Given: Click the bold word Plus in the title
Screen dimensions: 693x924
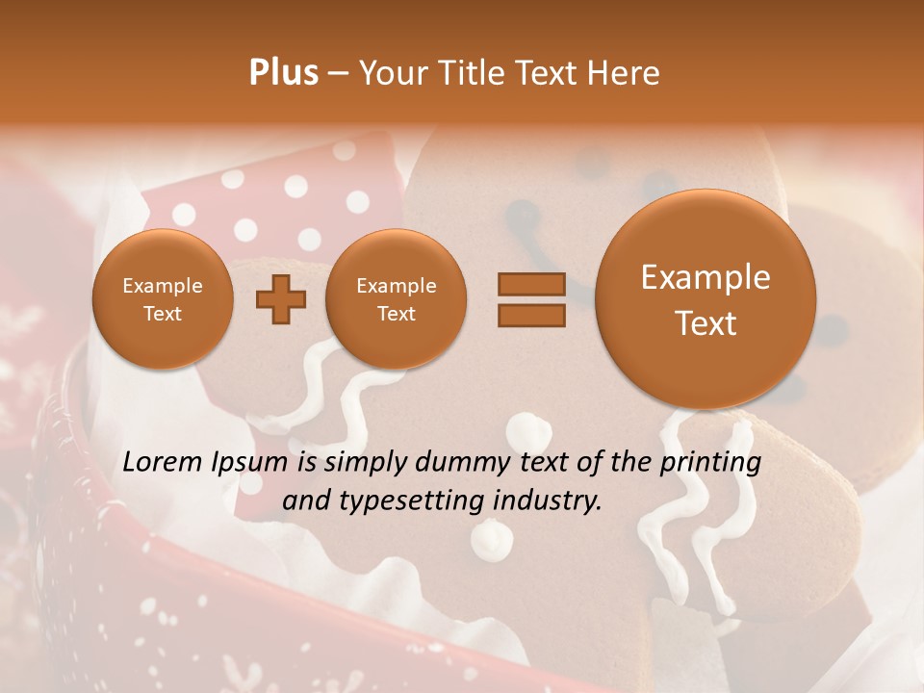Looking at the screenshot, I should click(283, 73).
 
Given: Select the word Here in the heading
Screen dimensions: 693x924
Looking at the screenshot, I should click(625, 73).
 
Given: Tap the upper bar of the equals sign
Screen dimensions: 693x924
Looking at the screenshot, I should click(530, 285).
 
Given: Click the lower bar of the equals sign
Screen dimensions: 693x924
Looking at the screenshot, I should click(530, 315).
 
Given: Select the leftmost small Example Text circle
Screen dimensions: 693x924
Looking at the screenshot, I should click(163, 299).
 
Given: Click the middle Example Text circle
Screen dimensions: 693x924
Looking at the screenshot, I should click(396, 299).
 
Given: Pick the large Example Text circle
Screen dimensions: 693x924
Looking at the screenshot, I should click(706, 299).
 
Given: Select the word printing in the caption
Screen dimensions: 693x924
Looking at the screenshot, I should click(712, 463).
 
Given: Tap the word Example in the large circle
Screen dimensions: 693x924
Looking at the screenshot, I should click(706, 277).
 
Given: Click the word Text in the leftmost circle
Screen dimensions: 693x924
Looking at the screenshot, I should click(163, 314).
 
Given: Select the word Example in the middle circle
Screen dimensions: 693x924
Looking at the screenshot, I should click(396, 286).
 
